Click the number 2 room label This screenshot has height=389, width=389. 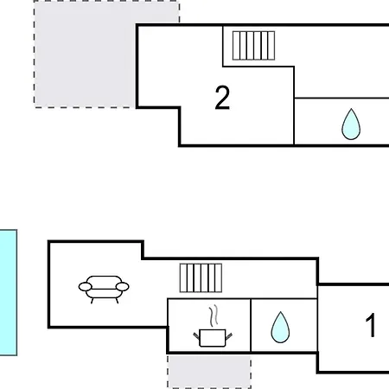tap(222, 98)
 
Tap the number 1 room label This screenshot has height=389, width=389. tap(371, 325)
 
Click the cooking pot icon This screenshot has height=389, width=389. tap(213, 338)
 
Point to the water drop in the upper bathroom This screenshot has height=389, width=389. tap(351, 124)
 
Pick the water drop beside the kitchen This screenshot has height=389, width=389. tap(280, 328)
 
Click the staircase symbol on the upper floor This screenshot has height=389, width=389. tap(253, 46)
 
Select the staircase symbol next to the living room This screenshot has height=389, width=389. tap(201, 277)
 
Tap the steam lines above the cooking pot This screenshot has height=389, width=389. tap(214, 316)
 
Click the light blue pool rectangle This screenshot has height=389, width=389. tap(9, 292)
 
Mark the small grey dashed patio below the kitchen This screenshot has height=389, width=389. tap(209, 372)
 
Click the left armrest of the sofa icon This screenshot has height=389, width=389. tap(86, 287)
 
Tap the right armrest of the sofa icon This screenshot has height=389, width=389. tap(122, 287)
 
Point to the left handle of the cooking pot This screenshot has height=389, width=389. tap(196, 335)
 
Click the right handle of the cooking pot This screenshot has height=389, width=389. tap(229, 335)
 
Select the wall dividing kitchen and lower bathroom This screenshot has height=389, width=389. tap(251, 325)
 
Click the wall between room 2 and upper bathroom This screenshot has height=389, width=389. tap(294, 105)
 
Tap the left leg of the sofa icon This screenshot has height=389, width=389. tap(92, 301)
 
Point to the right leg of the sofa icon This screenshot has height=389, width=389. tap(117, 301)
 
